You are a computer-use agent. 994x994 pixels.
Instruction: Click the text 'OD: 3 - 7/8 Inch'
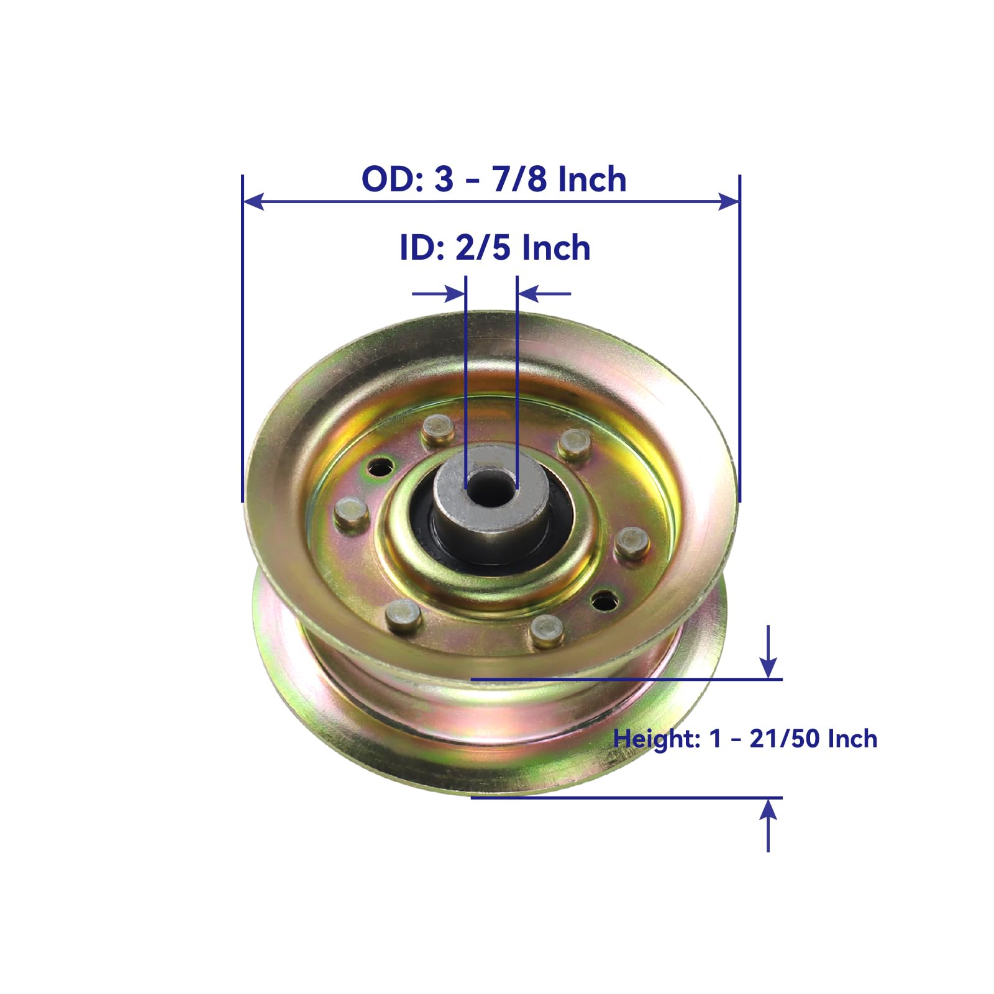tap(494, 180)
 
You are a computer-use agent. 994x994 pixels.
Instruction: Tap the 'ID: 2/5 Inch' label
tap(495, 248)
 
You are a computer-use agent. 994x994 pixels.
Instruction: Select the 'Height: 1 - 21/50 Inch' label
tap(745, 739)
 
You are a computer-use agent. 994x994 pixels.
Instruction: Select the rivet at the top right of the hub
tap(574, 444)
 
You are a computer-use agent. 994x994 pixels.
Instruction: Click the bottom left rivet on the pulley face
tap(403, 616)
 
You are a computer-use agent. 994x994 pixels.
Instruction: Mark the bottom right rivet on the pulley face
tap(547, 632)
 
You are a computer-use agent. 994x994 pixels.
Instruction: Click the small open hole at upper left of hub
tap(380, 465)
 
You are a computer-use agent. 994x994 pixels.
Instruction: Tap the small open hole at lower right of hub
tap(604, 600)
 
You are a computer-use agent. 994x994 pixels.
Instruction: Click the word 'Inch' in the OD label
tap(591, 180)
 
